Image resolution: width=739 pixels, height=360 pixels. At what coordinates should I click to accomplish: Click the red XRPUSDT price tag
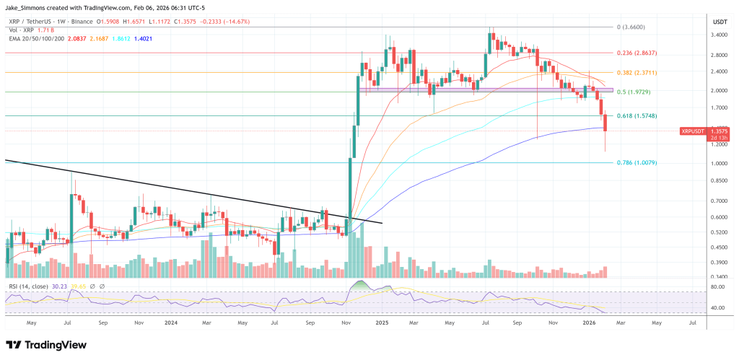(x=694, y=131)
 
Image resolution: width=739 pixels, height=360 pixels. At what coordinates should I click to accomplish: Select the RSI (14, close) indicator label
(x=28, y=286)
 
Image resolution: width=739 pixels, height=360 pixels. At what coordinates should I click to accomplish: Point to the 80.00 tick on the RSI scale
(x=718, y=287)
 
